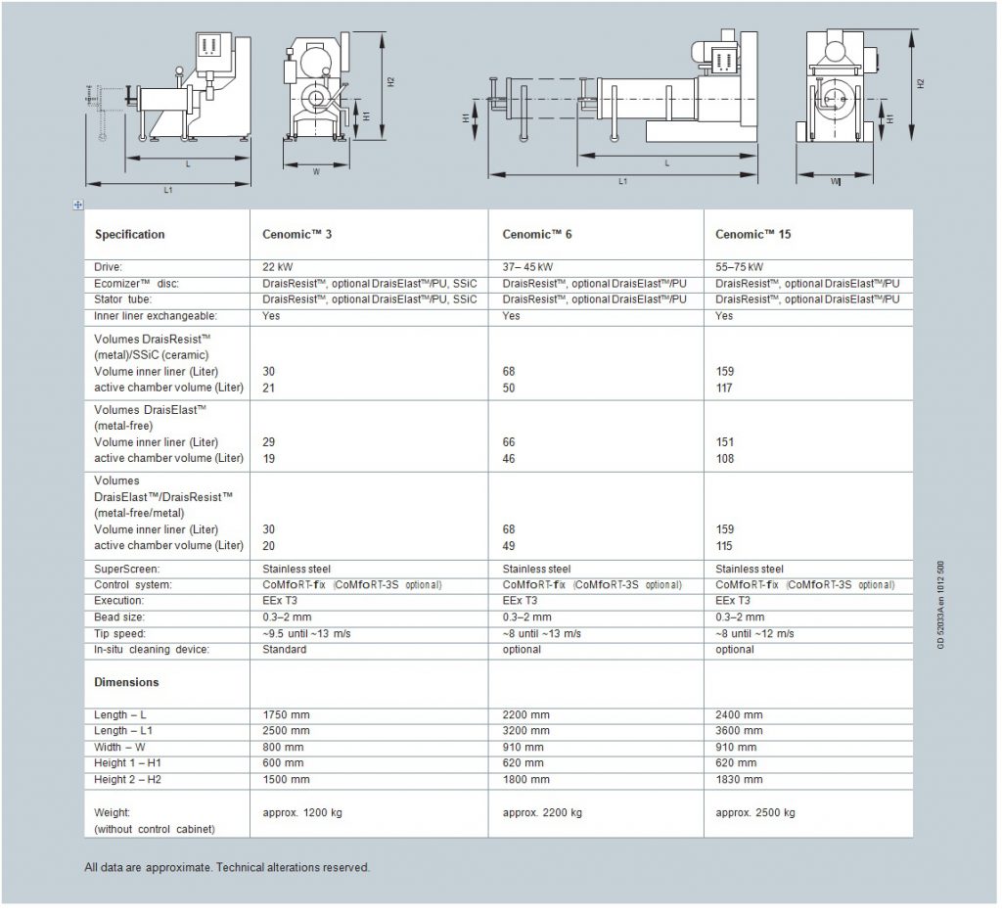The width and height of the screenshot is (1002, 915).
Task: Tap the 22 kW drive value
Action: pyautogui.click(x=278, y=267)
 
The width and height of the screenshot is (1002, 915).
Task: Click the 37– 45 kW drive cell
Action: pyautogui.click(x=527, y=267)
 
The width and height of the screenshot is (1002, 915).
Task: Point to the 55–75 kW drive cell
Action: pyautogui.click(x=740, y=267)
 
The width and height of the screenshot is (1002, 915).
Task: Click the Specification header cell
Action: pyautogui.click(x=129, y=235)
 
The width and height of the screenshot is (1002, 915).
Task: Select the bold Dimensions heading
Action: pyautogui.click(x=126, y=682)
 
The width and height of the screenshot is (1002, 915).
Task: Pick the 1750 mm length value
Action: pyautogui.click(x=286, y=715)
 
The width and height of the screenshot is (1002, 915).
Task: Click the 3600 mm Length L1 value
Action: pyautogui.click(x=739, y=731)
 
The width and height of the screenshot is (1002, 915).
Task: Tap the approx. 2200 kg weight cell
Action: pyautogui.click(x=542, y=813)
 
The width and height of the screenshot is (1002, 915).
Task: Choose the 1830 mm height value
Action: pyautogui.click(x=739, y=780)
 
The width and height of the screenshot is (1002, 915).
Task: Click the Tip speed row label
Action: pyautogui.click(x=121, y=633)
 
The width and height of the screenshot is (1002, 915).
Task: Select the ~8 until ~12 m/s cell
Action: pyautogui.click(x=754, y=633)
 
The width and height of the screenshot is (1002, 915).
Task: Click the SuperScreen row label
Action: pyautogui.click(x=127, y=569)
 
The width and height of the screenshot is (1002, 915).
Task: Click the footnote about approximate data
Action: pyautogui.click(x=227, y=867)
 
